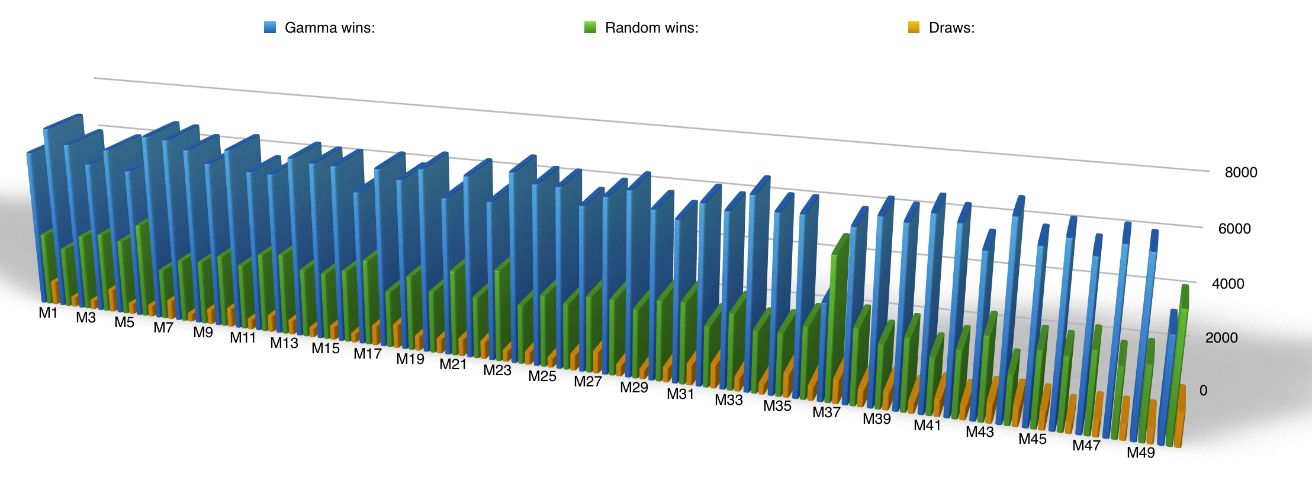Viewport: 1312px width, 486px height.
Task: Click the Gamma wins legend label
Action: (x=329, y=28)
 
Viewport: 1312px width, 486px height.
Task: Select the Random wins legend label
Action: (x=651, y=28)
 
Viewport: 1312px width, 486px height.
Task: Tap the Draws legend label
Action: (x=951, y=28)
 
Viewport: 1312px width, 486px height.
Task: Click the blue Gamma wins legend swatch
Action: (x=270, y=27)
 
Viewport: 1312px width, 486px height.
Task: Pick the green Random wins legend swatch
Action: (x=590, y=27)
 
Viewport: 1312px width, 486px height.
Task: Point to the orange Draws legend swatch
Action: (x=914, y=27)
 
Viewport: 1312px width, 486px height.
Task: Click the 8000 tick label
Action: (x=1241, y=172)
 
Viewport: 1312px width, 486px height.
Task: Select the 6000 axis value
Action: (x=1234, y=229)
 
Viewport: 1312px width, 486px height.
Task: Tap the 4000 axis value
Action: (x=1228, y=284)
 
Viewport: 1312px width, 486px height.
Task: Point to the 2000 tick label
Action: (x=1221, y=338)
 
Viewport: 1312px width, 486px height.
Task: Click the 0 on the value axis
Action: (x=1203, y=391)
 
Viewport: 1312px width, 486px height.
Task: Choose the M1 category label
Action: (x=48, y=313)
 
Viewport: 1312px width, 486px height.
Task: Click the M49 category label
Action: (x=1140, y=453)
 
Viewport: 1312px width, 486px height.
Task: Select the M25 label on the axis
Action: (x=542, y=376)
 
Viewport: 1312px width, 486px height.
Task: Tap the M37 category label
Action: (x=826, y=413)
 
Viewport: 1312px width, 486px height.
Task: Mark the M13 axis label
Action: (x=284, y=343)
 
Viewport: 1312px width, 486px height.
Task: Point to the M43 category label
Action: (x=979, y=432)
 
